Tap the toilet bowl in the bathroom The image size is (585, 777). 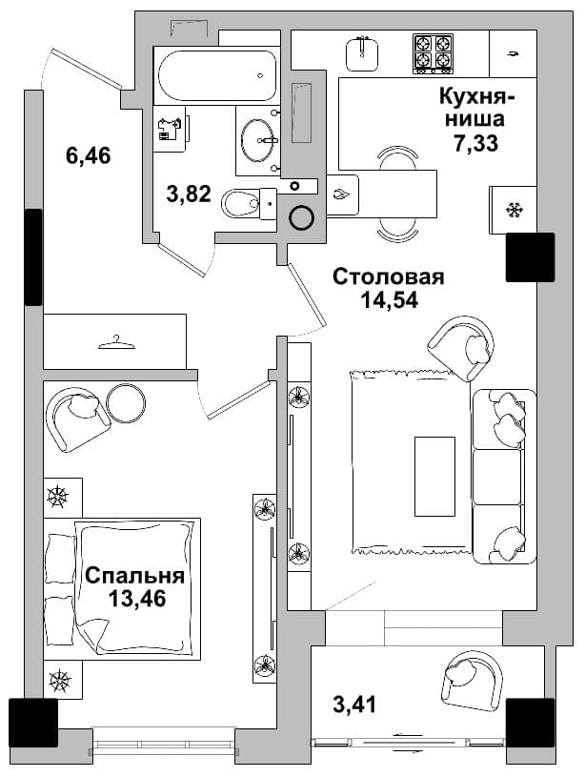[x=248, y=203]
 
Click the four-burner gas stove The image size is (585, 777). [x=433, y=53]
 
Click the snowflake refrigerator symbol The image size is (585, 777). [x=514, y=210]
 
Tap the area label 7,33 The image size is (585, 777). [x=475, y=143]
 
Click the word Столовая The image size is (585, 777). [x=389, y=277]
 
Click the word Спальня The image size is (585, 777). [x=134, y=576]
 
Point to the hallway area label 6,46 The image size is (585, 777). [x=89, y=156]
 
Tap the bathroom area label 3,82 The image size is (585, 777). [x=189, y=194]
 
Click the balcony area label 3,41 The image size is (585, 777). [x=354, y=705]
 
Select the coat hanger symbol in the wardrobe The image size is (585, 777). [x=116, y=342]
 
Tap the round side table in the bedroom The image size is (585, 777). [x=127, y=404]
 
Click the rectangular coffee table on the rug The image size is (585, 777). [x=434, y=476]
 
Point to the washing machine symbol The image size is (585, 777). [x=169, y=130]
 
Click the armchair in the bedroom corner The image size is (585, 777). [x=77, y=419]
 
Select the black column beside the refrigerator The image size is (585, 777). [x=530, y=257]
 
